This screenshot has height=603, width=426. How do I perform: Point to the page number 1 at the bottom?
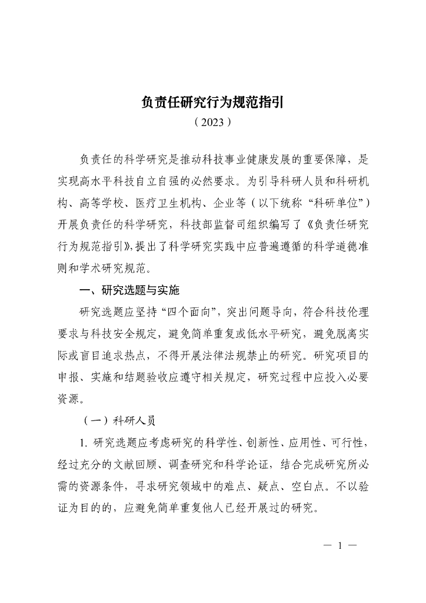coord(340,545)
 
